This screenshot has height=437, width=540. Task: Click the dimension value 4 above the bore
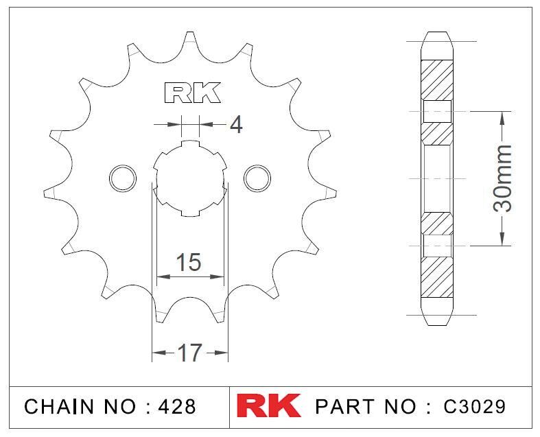(236, 125)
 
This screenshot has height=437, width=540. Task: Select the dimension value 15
(189, 262)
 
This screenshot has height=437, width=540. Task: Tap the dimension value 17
(190, 353)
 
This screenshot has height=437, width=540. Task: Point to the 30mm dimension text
(502, 178)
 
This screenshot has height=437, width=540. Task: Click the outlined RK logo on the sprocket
(192, 93)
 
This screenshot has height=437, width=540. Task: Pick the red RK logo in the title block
(268, 406)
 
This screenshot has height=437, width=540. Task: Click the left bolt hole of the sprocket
(123, 178)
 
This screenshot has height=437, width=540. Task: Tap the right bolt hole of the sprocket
(257, 178)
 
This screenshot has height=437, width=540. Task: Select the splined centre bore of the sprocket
(190, 178)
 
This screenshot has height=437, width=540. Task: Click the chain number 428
(176, 406)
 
